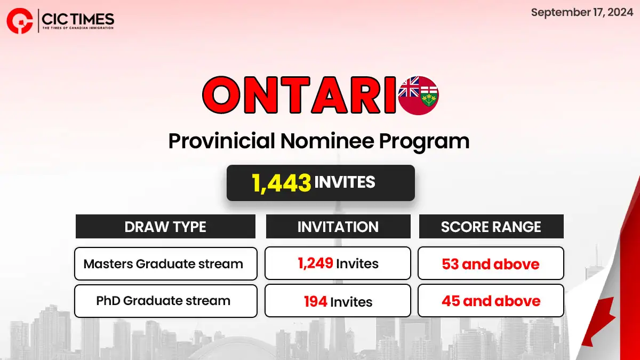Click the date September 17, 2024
click(x=582, y=13)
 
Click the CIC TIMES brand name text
click(x=78, y=19)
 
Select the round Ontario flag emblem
click(x=419, y=95)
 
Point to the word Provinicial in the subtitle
click(x=222, y=141)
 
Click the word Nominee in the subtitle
click(x=327, y=141)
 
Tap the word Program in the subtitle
click(x=425, y=141)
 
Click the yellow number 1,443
click(x=282, y=182)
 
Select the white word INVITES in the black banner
click(x=345, y=182)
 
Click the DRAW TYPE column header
click(x=165, y=227)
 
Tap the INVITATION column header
click(x=338, y=227)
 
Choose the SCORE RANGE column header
click(x=491, y=227)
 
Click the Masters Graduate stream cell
click(x=166, y=263)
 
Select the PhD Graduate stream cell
click(x=166, y=301)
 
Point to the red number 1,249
click(x=315, y=263)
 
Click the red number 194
click(x=315, y=301)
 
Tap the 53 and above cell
click(x=491, y=263)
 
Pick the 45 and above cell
click(x=491, y=301)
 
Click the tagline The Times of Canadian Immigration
click(x=78, y=28)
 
